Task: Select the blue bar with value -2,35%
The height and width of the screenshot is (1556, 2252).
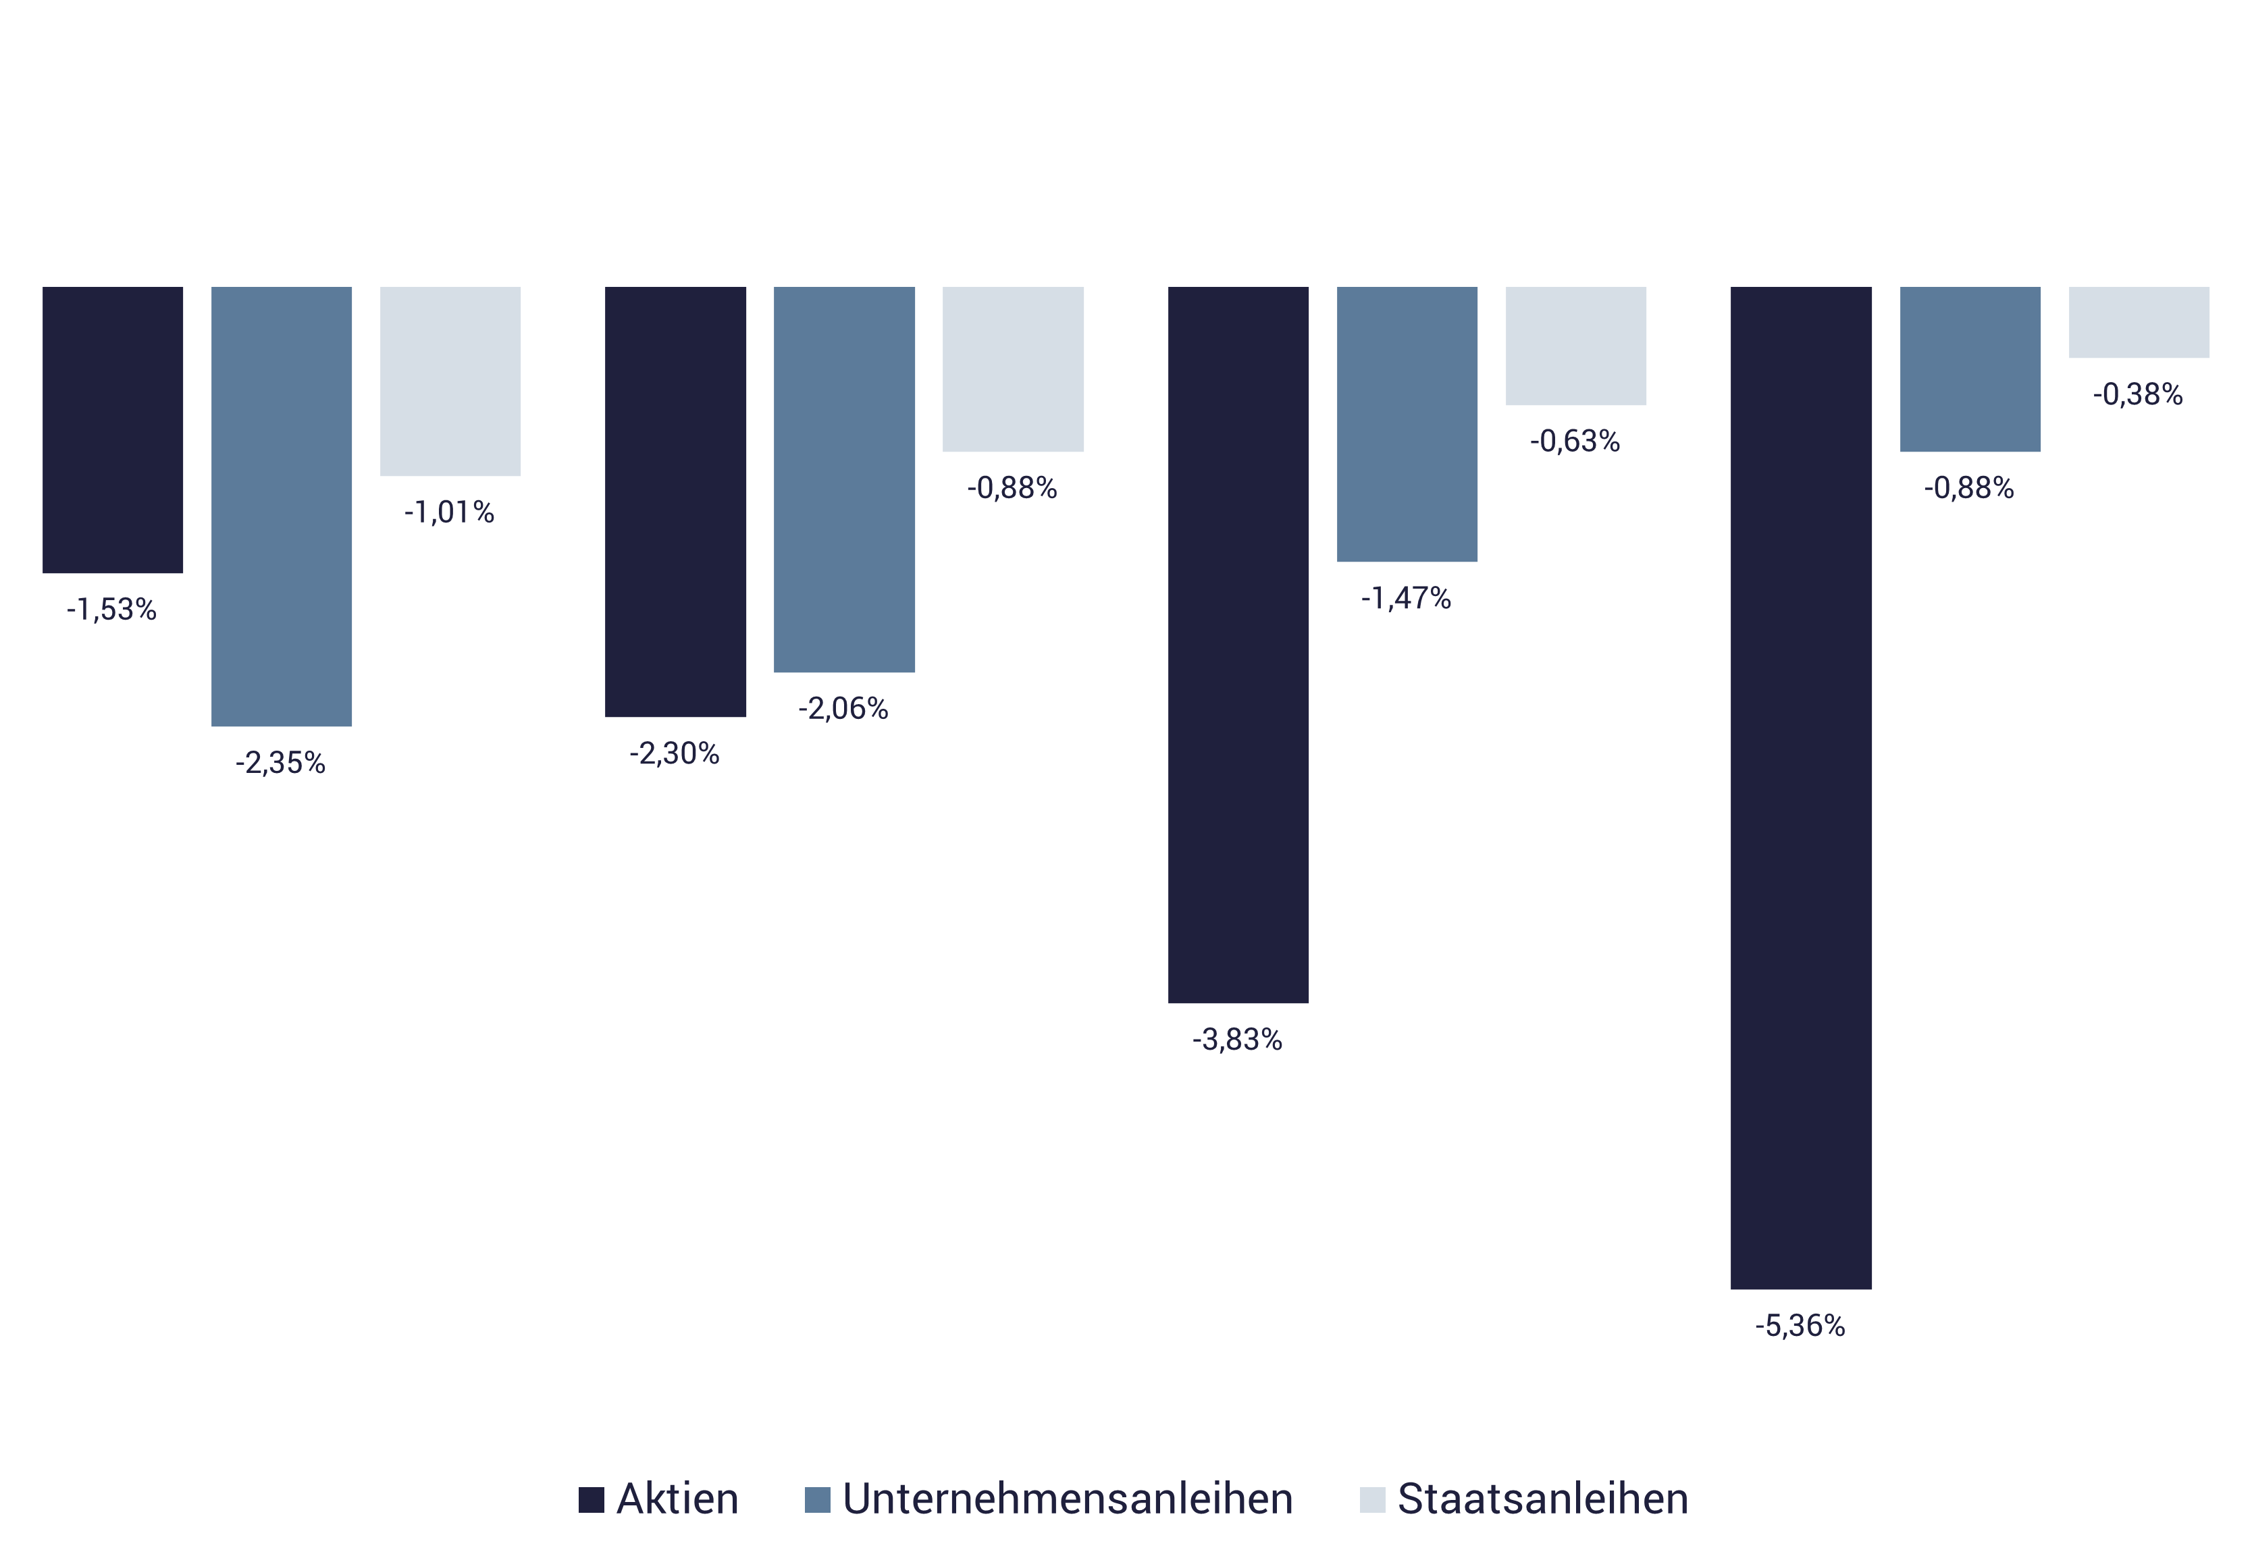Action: coord(282,506)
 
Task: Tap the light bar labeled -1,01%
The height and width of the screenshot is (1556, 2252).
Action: coord(450,381)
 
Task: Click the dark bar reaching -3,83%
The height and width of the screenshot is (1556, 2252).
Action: coord(1238,645)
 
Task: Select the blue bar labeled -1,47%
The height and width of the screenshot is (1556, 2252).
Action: coord(1407,424)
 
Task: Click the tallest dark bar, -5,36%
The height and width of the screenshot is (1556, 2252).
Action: coord(1802,788)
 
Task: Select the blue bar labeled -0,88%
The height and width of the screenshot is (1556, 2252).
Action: coord(1970,369)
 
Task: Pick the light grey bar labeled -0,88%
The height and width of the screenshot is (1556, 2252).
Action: coord(1014,369)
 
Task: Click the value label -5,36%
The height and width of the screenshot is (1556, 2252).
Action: coord(1800,1326)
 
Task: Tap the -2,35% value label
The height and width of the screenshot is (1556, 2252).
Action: coord(280,762)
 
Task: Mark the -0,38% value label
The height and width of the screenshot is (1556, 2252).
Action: coord(2138,395)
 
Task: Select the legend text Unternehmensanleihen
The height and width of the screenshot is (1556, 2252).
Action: coord(1068,1499)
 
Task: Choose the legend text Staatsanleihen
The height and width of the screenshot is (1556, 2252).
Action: coord(1543,1499)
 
